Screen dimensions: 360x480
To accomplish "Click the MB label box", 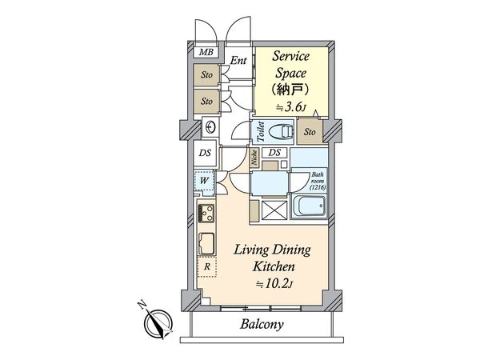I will pyautogui.click(x=206, y=54).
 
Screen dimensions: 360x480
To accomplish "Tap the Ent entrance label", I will pyautogui.click(x=238, y=60).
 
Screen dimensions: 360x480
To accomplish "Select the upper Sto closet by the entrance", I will pyautogui.click(x=206, y=77).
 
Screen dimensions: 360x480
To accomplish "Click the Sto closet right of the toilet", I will pyautogui.click(x=310, y=131).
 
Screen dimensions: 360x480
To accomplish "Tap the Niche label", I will pyautogui.click(x=255, y=157).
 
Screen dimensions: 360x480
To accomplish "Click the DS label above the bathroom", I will pyautogui.click(x=274, y=153).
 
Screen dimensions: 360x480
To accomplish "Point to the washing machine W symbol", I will pyautogui.click(x=204, y=181).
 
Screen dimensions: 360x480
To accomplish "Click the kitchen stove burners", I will pyautogui.click(x=205, y=214).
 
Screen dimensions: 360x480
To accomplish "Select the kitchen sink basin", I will pyautogui.click(x=205, y=242).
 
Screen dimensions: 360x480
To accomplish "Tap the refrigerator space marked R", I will pyautogui.click(x=207, y=266).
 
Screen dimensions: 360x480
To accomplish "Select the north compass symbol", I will pyautogui.click(x=158, y=320).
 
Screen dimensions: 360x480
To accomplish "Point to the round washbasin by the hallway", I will pyautogui.click(x=210, y=126).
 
